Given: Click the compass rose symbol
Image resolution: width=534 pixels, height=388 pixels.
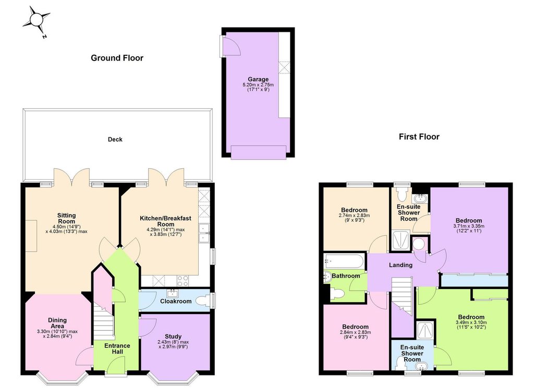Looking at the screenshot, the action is tap(36, 20).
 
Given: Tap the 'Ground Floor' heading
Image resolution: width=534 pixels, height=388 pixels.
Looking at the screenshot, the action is tap(117, 58).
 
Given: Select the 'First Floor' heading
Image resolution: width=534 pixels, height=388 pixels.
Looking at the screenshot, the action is tap(419, 136).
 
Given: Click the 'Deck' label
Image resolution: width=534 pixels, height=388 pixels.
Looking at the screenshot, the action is tap(115, 140).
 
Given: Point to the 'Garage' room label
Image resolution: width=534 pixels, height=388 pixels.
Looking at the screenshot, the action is tap(258, 79).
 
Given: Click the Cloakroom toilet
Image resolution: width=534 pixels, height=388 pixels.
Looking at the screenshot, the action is tap(204, 301).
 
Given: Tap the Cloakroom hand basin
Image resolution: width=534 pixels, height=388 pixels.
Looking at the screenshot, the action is tap(173, 293).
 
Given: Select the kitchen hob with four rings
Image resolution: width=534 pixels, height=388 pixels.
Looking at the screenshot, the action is tap(183, 281).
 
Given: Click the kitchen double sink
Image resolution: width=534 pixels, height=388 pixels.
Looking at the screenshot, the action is tap(204, 233).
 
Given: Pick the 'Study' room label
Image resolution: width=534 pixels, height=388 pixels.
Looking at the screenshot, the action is tap(173, 336).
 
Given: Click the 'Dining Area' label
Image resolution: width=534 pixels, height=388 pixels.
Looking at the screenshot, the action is tap(57, 323).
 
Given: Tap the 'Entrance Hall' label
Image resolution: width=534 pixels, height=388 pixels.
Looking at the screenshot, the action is tap(117, 348).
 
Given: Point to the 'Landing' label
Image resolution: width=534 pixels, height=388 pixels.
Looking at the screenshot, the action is tap(400, 265).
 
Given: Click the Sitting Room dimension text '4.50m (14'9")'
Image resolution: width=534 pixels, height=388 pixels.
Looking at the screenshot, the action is tap(67, 227).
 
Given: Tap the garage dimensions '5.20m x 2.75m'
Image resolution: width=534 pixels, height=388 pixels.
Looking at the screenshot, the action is tap(258, 85).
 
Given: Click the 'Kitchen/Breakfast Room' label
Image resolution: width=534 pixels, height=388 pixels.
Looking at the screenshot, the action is tap(165, 221).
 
